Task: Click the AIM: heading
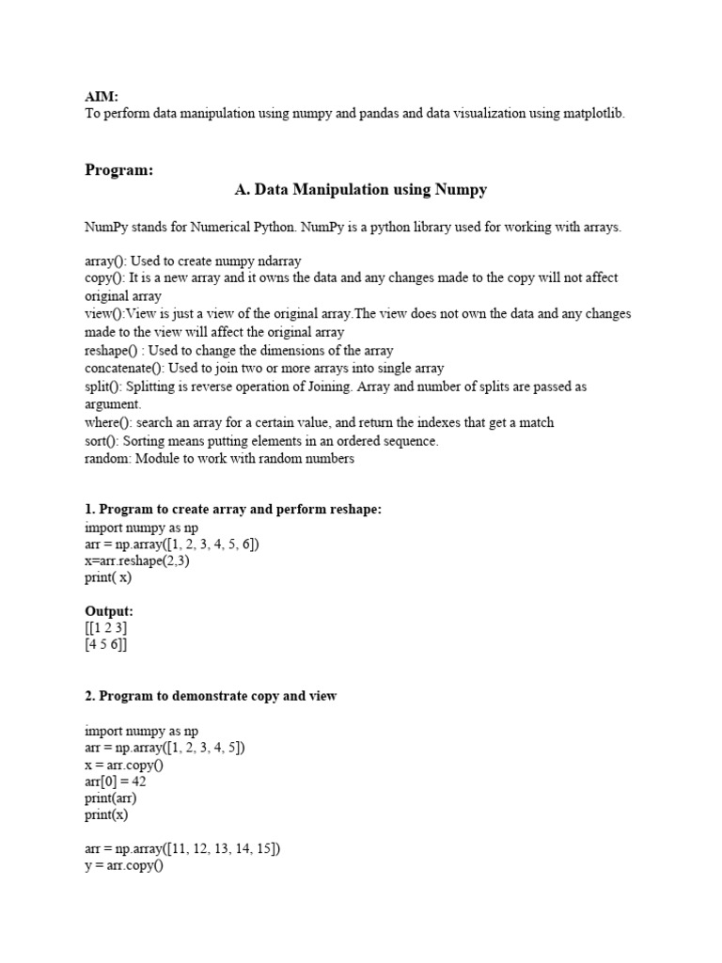101,96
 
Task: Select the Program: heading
118,170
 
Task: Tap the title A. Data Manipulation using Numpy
360,190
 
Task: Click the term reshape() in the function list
113,351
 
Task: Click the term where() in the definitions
108,423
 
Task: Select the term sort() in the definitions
101,441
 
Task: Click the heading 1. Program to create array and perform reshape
233,510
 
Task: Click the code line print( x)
108,578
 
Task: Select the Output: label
109,611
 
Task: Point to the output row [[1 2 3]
106,628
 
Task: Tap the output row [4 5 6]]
106,645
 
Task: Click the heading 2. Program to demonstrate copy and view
211,696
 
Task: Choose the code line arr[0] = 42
116,781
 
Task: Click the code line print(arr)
111,798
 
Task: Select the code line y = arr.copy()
124,866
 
